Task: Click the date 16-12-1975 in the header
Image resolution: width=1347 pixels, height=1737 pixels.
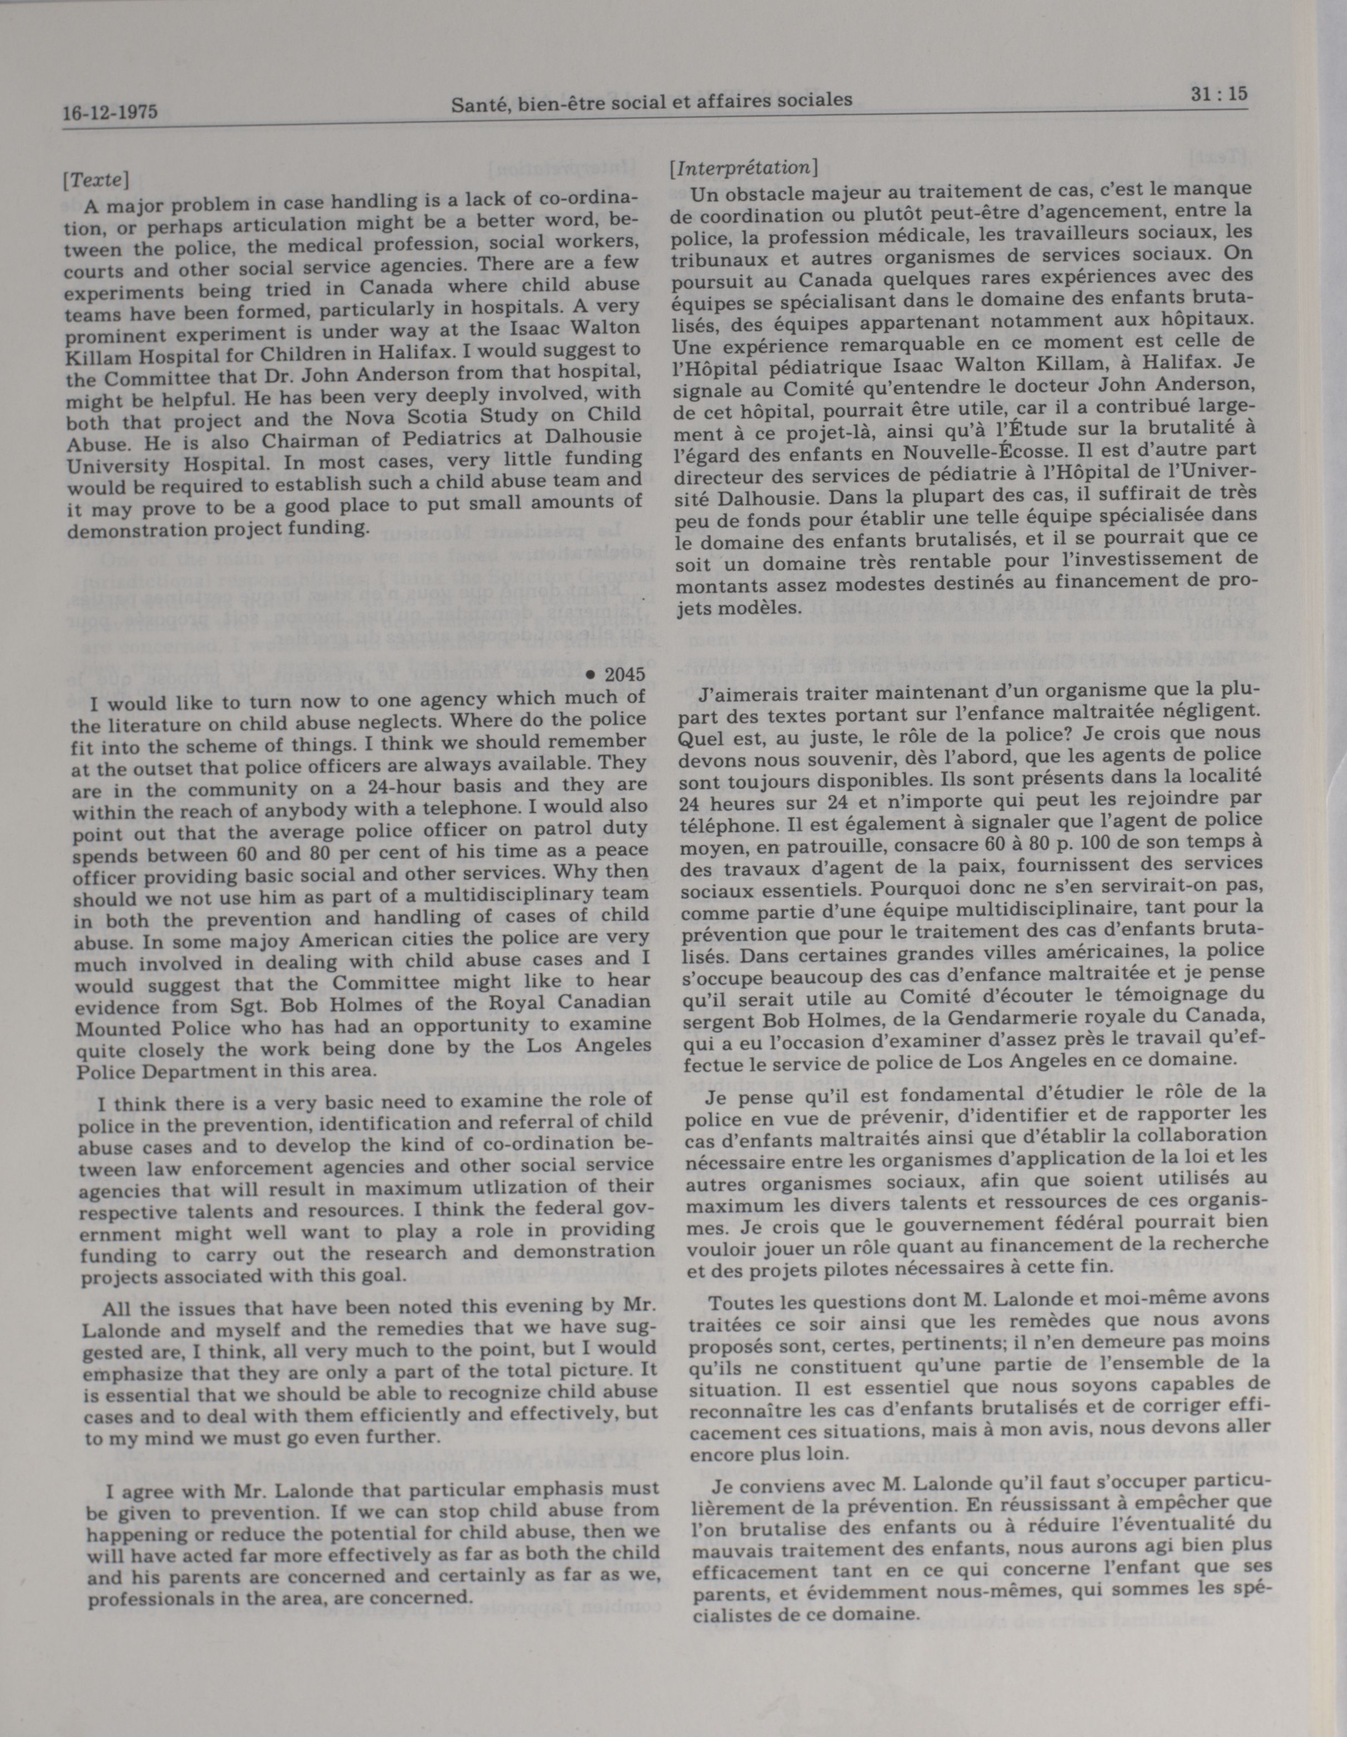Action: click(110, 112)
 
